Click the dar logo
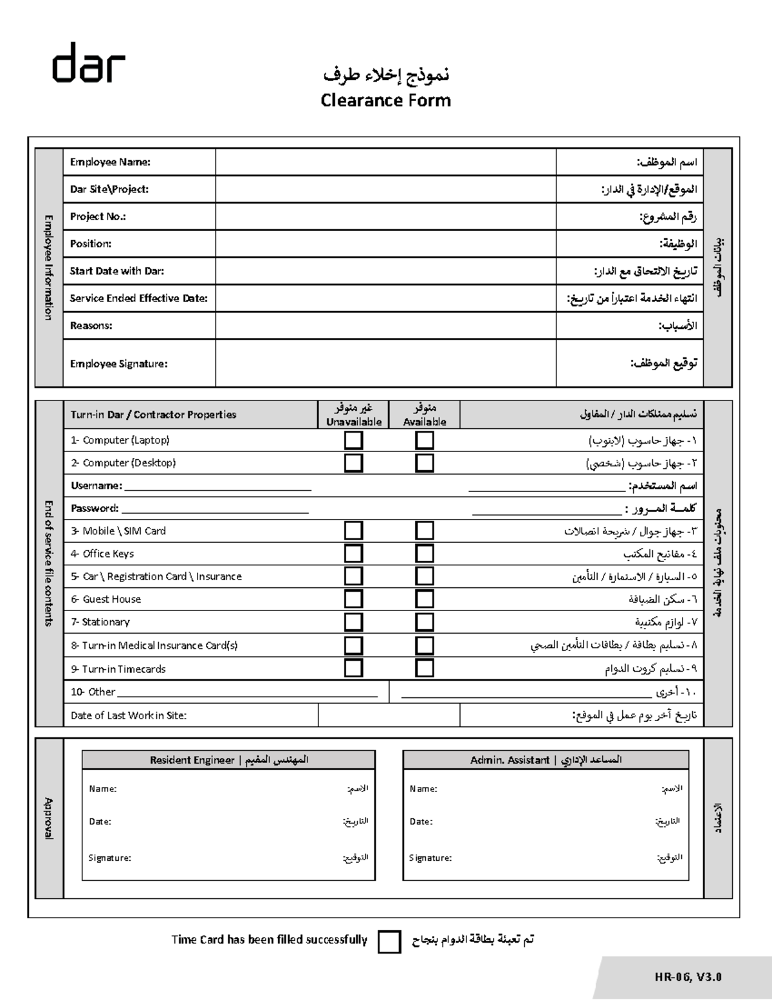click(89, 63)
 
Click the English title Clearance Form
click(385, 100)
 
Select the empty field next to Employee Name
click(385, 162)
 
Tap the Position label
click(91, 244)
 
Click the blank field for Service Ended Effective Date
click(385, 299)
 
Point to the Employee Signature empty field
click(385, 363)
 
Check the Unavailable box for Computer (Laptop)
click(354, 440)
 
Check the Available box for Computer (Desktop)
click(425, 463)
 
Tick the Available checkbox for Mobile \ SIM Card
click(425, 531)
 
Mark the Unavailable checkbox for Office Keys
click(354, 554)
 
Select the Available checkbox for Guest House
click(425, 599)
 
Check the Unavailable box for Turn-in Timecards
click(354, 668)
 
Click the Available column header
click(425, 415)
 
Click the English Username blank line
click(217, 487)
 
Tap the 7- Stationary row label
click(100, 622)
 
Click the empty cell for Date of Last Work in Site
click(389, 715)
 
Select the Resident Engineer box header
click(228, 760)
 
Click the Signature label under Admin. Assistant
click(430, 858)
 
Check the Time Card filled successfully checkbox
click(389, 941)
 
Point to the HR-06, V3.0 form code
click(688, 977)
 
